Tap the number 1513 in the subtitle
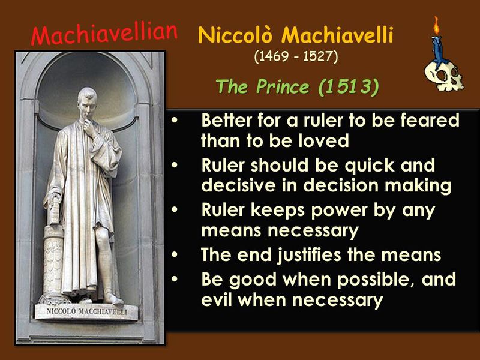tap(347, 88)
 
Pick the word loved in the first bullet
tap(325, 141)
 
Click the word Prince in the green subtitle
tap(280, 88)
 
